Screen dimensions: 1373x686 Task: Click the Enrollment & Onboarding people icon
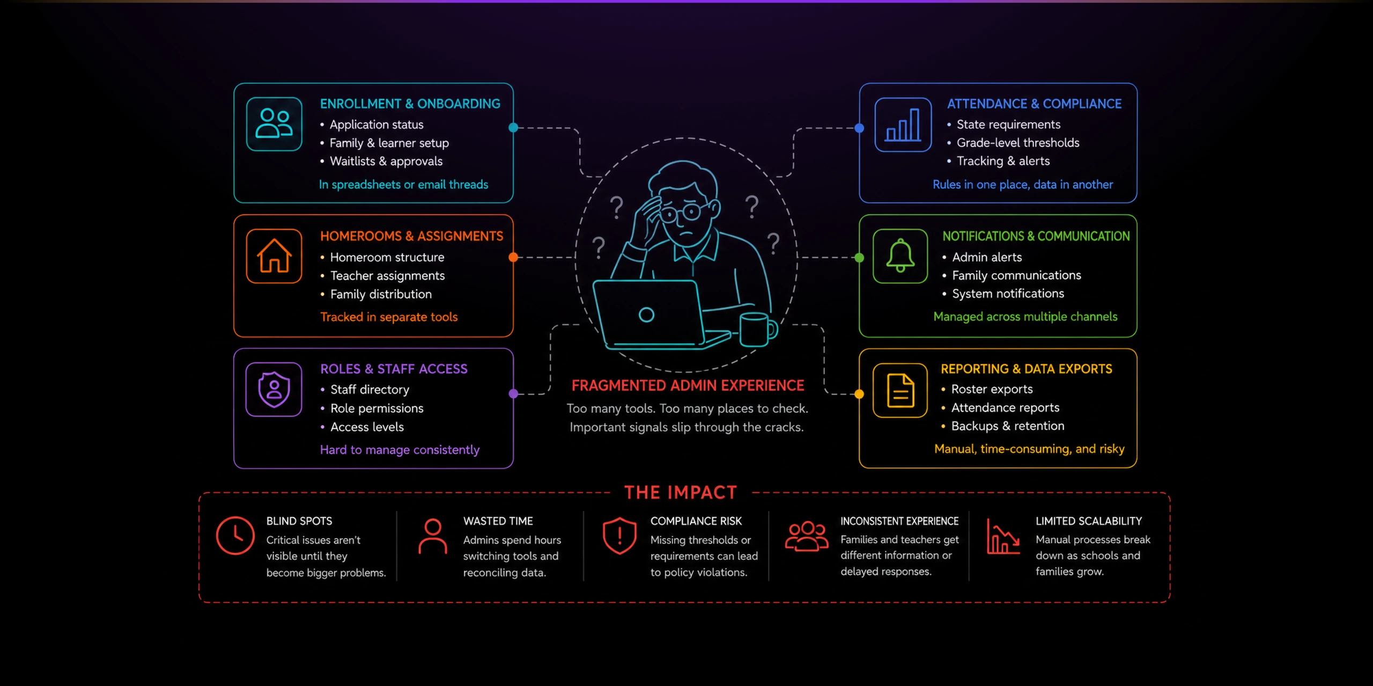click(274, 123)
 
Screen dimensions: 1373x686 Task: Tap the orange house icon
click(274, 256)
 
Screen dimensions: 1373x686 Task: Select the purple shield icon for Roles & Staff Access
click(274, 389)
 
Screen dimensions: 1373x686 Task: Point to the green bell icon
click(900, 256)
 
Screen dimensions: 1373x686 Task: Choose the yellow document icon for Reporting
click(900, 390)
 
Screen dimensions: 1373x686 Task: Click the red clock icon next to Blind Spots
click(235, 535)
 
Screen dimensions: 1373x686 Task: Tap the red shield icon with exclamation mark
click(619, 535)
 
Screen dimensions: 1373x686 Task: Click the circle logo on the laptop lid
click(646, 315)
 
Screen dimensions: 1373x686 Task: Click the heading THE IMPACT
click(681, 492)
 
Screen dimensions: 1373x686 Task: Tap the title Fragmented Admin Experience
click(688, 385)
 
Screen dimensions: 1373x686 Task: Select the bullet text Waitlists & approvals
click(386, 161)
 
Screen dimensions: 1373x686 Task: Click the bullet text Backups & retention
click(1008, 426)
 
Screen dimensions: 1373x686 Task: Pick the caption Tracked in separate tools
click(389, 317)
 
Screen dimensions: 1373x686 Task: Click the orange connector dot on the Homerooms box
click(513, 257)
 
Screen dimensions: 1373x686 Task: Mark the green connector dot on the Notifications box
click(859, 258)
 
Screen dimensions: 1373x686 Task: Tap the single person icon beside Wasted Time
click(432, 536)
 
